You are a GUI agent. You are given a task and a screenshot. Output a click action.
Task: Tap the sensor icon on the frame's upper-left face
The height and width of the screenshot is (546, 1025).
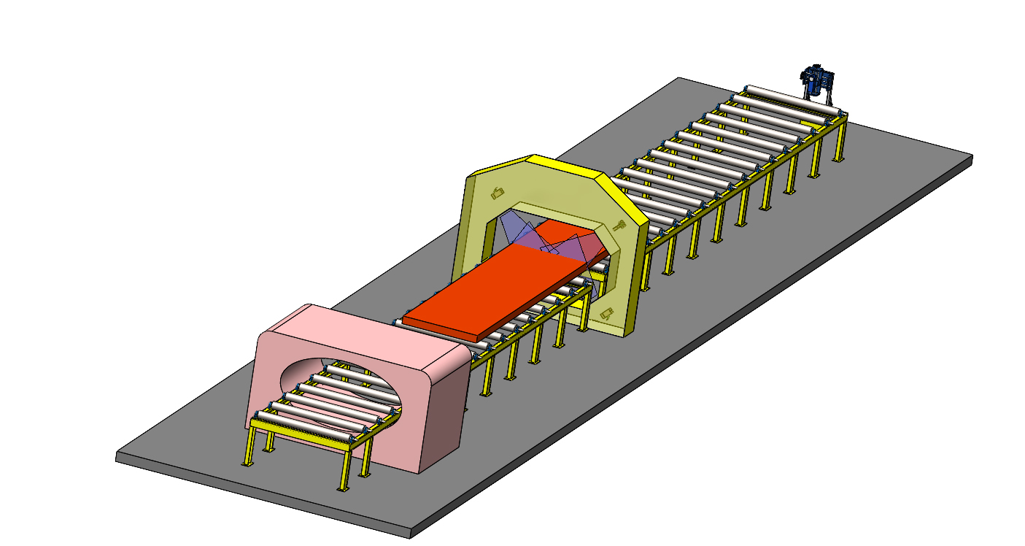(497, 193)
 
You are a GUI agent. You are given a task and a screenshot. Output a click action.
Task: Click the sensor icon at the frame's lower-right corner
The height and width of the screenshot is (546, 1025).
(607, 313)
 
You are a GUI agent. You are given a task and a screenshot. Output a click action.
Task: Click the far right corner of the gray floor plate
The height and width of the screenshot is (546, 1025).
(972, 156)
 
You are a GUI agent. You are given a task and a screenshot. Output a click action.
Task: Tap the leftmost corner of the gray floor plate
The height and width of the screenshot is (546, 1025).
(117, 457)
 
